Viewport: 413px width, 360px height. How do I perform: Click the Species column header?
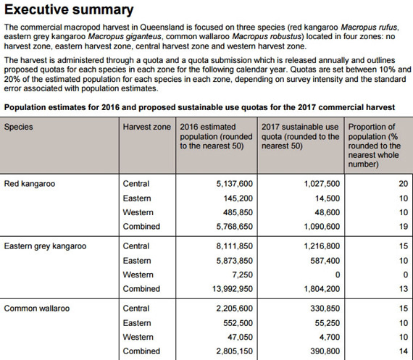click(19, 127)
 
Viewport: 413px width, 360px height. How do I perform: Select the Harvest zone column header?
click(147, 127)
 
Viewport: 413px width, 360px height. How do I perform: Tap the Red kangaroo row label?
click(30, 184)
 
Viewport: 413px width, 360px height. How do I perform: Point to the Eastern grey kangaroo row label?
click(45, 246)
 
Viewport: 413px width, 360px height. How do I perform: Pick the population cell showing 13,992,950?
click(226, 289)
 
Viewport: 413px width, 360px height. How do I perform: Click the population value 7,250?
click(239, 275)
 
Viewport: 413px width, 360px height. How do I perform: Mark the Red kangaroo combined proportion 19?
click(403, 227)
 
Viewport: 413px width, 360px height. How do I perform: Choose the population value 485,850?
click(233, 212)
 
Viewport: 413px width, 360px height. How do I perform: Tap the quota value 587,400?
click(321, 261)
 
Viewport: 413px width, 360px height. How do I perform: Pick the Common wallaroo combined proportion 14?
click(403, 351)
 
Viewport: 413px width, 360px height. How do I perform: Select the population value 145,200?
click(233, 198)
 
